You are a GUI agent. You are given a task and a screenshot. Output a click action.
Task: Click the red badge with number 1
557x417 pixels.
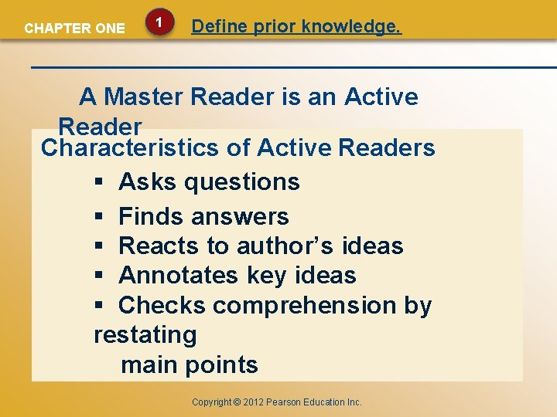pos(159,24)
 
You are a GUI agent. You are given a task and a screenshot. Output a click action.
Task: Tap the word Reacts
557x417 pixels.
pos(159,246)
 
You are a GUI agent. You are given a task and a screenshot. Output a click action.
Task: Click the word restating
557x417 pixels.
pos(145,335)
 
